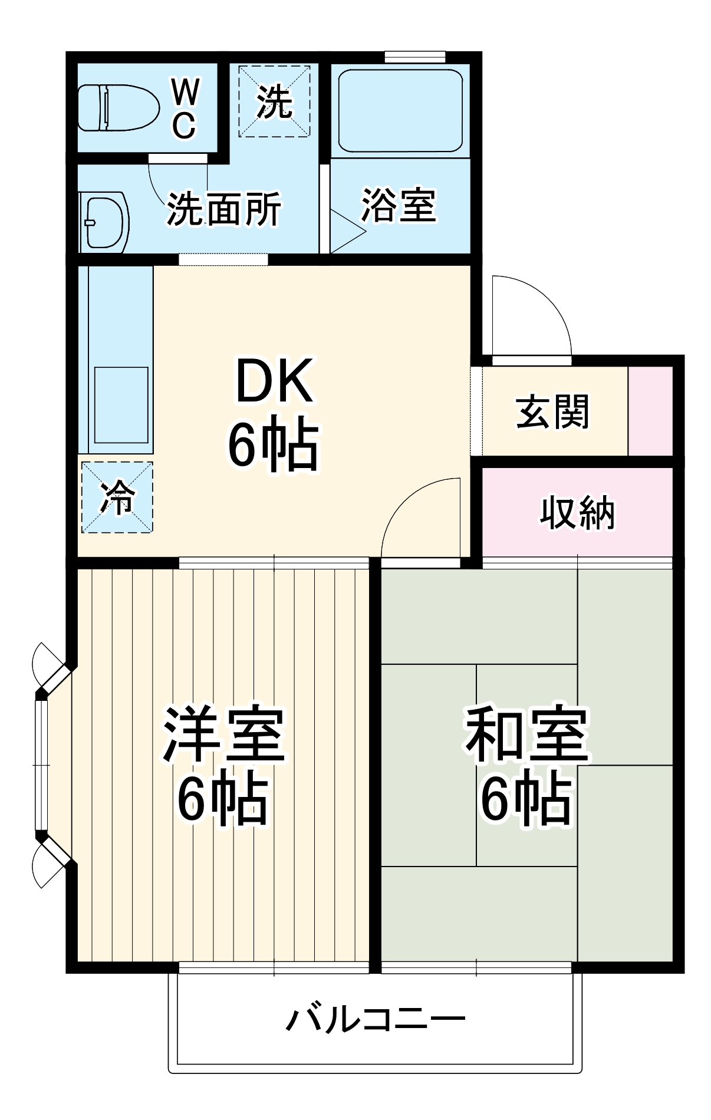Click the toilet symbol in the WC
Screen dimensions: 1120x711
[119, 108]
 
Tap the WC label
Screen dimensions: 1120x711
[185, 109]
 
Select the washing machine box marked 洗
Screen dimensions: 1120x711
[274, 101]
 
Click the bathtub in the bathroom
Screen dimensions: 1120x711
[400, 111]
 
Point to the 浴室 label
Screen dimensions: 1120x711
[399, 206]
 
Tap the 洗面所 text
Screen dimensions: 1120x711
[224, 209]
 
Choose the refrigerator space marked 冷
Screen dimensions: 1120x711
[117, 497]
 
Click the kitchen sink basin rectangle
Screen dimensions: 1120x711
[121, 405]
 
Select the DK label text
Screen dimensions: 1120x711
[274, 381]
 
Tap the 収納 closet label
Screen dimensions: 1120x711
[577, 512]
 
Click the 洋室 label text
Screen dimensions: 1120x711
[224, 734]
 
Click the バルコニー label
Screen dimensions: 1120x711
[376, 1019]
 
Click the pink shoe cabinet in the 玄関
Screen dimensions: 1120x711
[650, 411]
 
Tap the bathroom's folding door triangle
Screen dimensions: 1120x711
[346, 230]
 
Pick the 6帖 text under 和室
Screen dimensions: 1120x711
[526, 799]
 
